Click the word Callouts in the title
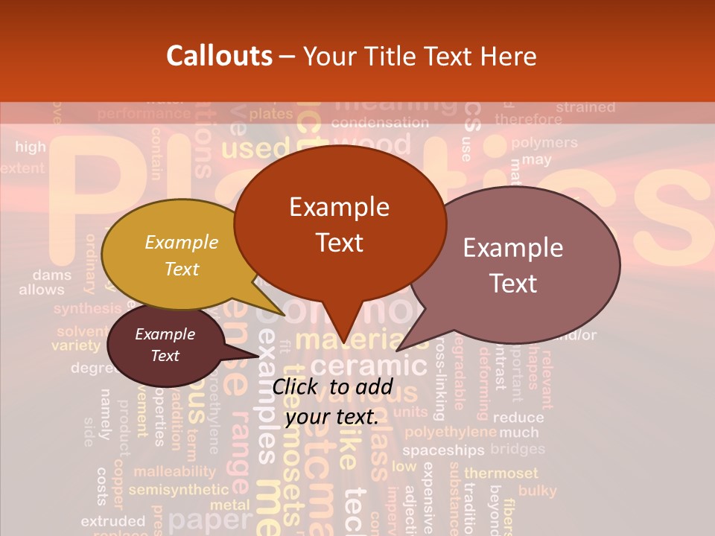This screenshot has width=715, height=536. [x=219, y=56]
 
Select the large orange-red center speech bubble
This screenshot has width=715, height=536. [x=340, y=223]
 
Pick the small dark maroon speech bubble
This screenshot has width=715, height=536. [x=165, y=345]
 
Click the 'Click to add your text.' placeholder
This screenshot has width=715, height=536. [x=332, y=401]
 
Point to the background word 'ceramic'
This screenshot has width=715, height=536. [x=368, y=367]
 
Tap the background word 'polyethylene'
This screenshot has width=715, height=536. [x=450, y=432]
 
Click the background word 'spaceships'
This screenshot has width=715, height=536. [x=443, y=450]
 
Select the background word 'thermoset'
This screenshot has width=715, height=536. [x=500, y=473]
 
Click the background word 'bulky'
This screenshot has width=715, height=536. [x=537, y=491]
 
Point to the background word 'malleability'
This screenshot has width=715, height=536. [x=174, y=471]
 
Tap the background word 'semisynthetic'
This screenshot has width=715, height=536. [x=179, y=490]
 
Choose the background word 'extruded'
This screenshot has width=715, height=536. [x=112, y=521]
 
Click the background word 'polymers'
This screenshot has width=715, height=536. [x=544, y=143]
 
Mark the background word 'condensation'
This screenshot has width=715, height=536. [x=380, y=123]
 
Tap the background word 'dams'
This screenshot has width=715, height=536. [x=52, y=275]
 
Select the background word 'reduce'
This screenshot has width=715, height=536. [x=518, y=418]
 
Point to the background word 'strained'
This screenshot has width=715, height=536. [x=585, y=107]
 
